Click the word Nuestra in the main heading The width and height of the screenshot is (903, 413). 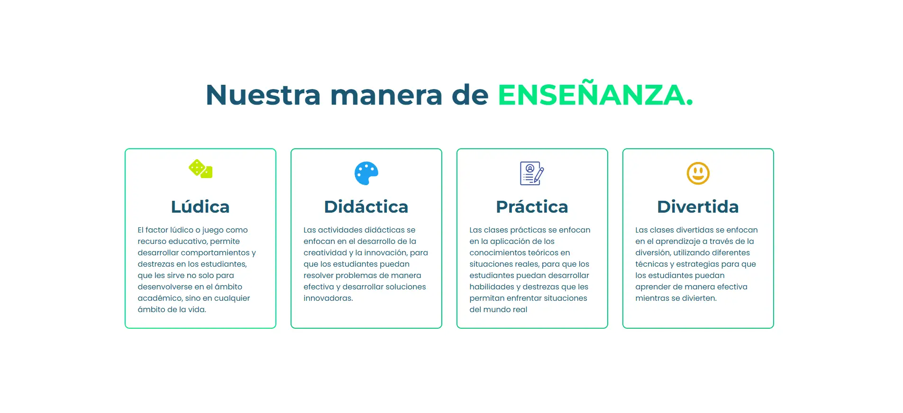coord(263,95)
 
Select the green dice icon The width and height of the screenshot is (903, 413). coord(201,169)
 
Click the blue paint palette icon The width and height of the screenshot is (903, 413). coord(366,173)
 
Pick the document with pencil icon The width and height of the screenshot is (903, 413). coord(532,173)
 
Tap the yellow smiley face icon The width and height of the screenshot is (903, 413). coord(698,173)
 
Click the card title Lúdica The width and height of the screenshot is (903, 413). coord(201,206)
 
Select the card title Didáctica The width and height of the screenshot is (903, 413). coord(366,206)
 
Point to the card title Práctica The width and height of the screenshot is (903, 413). coord(532,206)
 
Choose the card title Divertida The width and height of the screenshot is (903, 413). coord(698,206)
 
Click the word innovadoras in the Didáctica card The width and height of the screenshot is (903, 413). coord(328,298)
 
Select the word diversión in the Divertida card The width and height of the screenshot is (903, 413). coord(652,253)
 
